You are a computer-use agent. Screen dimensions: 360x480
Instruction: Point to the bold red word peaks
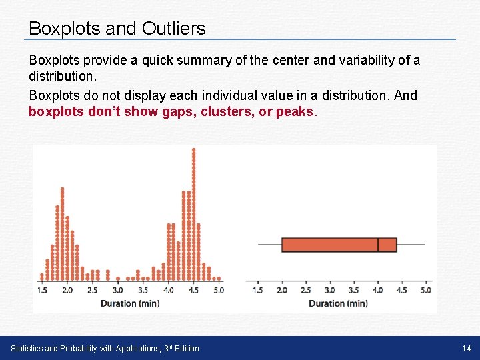293,112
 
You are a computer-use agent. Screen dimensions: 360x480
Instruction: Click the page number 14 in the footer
466,348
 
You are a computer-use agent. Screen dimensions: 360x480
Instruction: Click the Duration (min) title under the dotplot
130,303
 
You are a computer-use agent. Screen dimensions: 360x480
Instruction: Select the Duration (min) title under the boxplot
338,303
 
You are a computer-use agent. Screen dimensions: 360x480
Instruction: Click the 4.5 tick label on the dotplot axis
193,290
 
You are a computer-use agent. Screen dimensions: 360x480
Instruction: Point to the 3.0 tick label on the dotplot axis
117,290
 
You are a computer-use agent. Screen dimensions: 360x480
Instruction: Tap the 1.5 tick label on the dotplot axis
42,290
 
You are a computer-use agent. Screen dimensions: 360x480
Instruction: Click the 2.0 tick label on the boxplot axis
282,290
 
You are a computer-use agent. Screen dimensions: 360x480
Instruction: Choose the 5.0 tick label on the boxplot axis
425,290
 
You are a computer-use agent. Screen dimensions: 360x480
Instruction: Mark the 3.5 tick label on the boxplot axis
353,290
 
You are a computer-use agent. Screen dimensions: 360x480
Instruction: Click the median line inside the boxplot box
378,245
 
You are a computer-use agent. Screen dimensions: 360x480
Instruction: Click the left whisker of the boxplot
270,245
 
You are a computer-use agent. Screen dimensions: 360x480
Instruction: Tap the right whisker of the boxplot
411,245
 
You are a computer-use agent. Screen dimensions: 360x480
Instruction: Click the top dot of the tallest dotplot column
194,150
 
